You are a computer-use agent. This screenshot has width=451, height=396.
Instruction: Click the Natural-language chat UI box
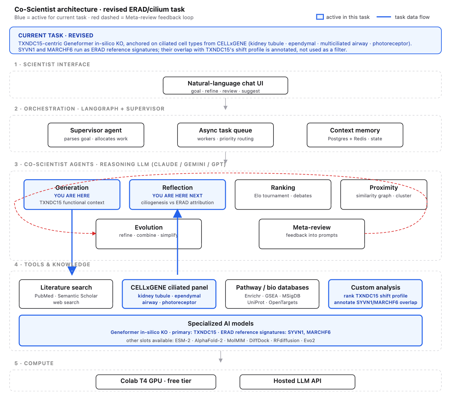(x=225, y=86)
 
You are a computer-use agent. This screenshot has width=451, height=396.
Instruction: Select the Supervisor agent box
(x=96, y=135)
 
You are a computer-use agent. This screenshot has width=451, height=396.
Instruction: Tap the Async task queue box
(x=225, y=135)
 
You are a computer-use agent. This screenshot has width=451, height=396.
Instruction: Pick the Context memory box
(x=355, y=135)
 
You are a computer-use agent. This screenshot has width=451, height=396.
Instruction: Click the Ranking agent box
(x=283, y=195)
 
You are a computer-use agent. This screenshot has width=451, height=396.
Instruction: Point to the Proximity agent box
(x=383, y=195)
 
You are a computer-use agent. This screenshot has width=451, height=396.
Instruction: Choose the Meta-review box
(x=312, y=234)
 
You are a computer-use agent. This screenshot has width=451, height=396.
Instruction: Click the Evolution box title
(x=149, y=228)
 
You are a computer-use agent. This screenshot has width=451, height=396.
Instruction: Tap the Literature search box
(x=66, y=294)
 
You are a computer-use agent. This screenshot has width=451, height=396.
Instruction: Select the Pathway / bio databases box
(x=272, y=294)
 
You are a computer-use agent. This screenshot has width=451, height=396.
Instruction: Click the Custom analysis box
(x=375, y=294)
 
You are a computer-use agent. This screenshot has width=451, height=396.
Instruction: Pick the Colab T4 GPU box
(x=156, y=382)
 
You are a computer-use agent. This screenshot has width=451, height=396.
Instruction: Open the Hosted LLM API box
(x=297, y=382)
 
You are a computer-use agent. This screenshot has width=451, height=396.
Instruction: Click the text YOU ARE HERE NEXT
(x=178, y=196)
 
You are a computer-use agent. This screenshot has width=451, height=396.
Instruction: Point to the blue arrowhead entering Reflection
(x=178, y=213)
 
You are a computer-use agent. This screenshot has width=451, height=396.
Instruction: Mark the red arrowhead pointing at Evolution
(x=94, y=233)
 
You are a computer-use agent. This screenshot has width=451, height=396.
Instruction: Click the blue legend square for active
(x=320, y=17)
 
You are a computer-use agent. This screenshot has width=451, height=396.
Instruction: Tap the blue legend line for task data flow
(x=384, y=17)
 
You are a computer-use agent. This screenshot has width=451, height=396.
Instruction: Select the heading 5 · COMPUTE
(x=34, y=363)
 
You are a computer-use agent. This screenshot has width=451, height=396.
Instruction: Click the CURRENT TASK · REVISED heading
(x=56, y=35)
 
